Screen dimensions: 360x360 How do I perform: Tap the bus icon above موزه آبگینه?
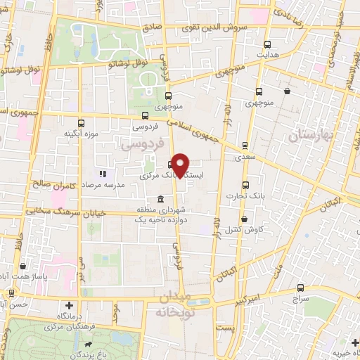coord(80,122)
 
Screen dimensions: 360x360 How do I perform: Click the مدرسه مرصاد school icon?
coord(103,173)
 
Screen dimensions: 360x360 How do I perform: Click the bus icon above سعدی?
coord(245,146)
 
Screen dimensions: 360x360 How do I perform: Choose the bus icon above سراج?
coord(302,288)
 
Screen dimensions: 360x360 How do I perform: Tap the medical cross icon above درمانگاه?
coord(69,305)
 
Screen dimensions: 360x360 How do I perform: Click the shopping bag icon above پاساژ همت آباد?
coord(25,267)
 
